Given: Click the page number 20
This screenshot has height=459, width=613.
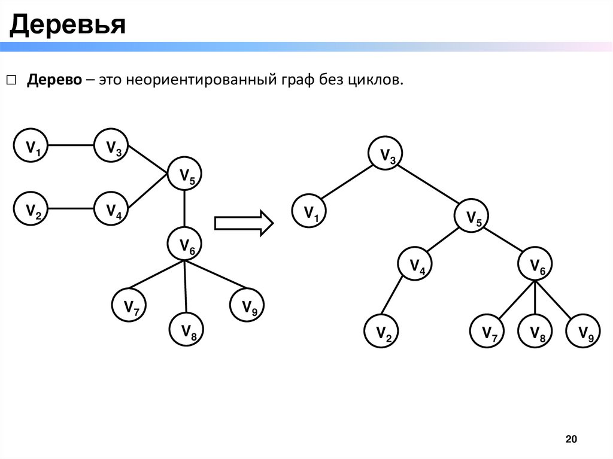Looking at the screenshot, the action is [x=572, y=440].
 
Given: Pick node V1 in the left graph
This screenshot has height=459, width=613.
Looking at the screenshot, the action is [x=32, y=145].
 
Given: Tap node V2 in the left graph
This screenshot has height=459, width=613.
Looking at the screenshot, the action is [x=32, y=209].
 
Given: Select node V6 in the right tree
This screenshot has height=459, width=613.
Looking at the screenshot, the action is [x=535, y=266].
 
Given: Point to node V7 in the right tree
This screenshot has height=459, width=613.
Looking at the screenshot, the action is [x=487, y=332].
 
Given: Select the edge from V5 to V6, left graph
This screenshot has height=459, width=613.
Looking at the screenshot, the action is [x=185, y=209].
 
